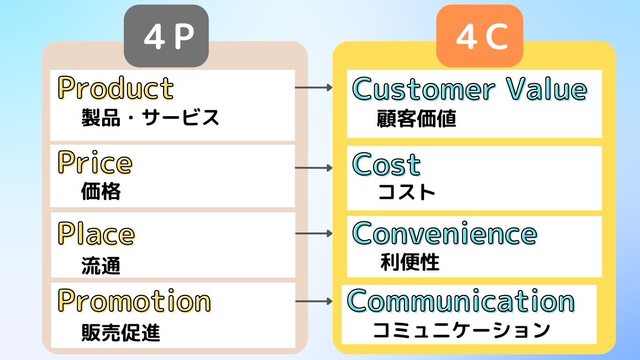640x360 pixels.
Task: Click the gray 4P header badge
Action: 166,36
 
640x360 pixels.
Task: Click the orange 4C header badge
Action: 480,36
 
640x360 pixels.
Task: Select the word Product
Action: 116,88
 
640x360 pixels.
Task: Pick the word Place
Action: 97,233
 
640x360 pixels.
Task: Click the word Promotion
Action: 134,300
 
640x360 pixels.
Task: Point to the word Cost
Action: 387,165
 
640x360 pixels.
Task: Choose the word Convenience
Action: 445,233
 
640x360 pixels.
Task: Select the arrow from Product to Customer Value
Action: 313,88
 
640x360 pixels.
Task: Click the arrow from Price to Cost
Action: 313,167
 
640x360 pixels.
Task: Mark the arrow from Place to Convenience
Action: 313,233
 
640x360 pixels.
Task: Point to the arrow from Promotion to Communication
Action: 313,301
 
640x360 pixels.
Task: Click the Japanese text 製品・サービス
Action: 150,117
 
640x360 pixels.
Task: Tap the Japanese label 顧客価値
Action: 417,119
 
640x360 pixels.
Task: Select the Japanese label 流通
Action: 101,265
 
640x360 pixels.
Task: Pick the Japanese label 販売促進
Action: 120,332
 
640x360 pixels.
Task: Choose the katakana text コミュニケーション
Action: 461,330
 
